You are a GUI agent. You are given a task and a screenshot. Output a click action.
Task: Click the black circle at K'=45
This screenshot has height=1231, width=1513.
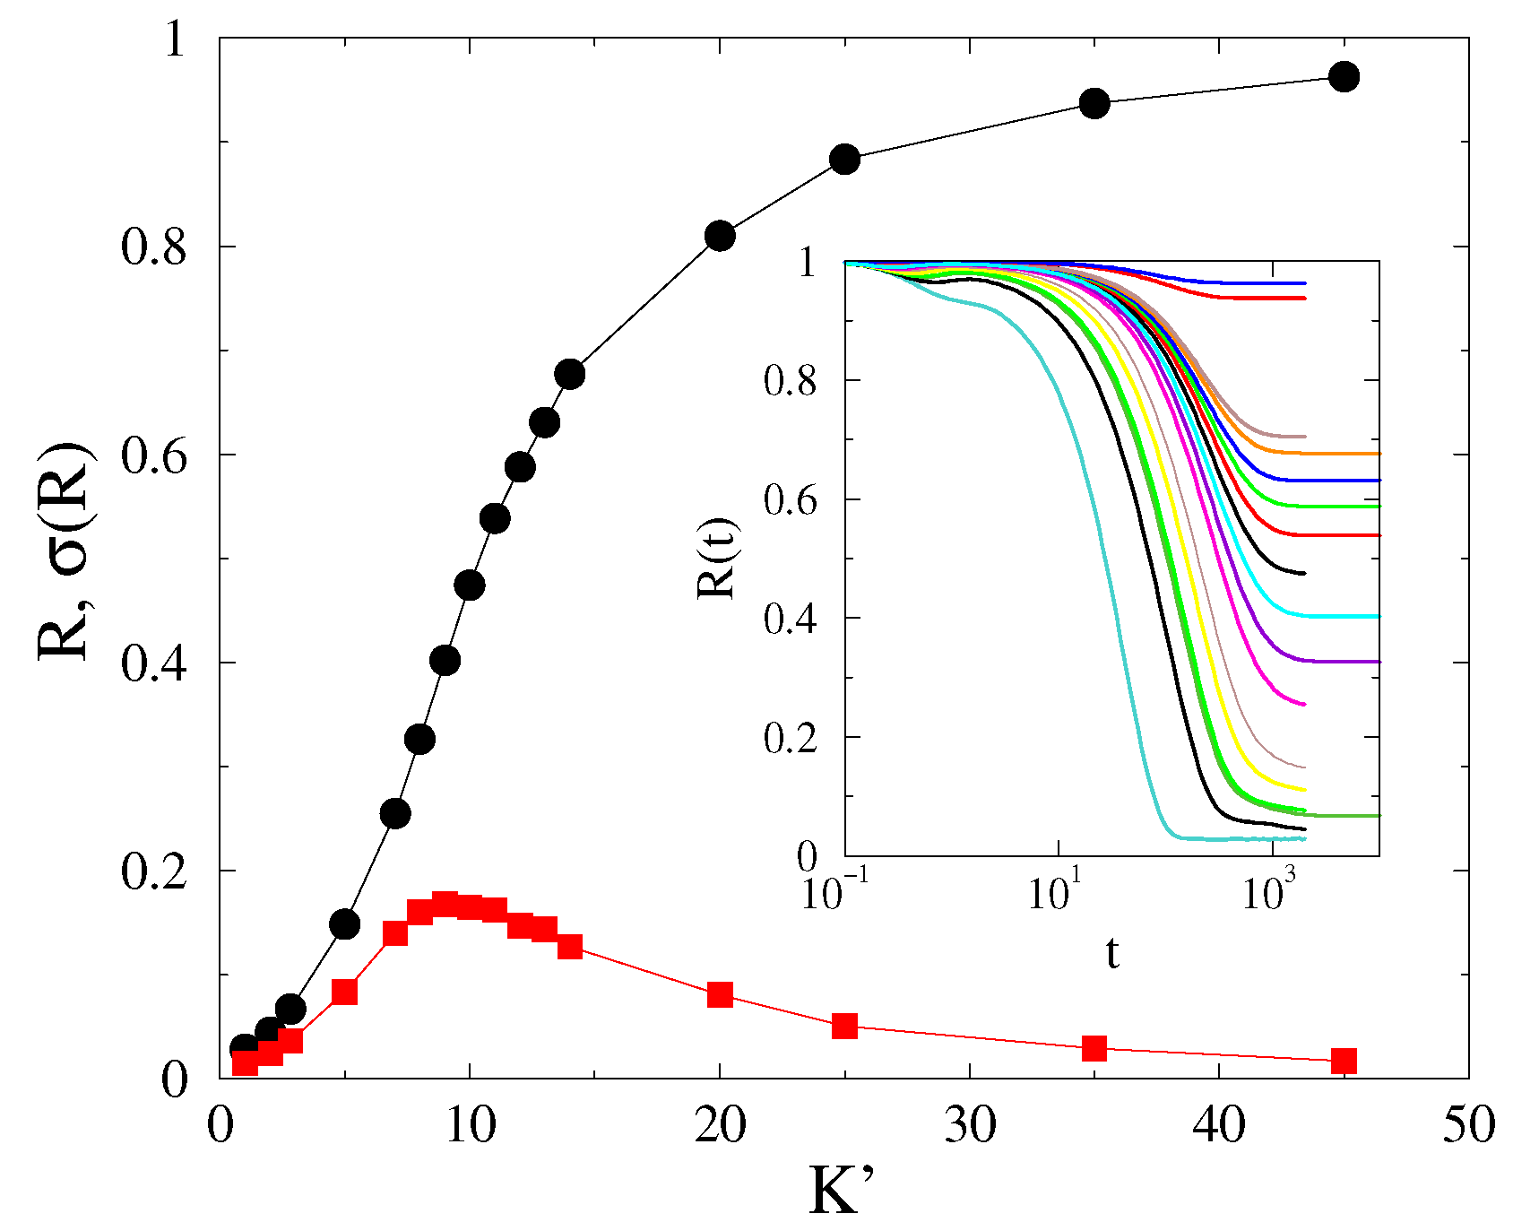1344,77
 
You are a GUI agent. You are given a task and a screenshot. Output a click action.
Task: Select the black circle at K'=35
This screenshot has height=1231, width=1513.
1094,104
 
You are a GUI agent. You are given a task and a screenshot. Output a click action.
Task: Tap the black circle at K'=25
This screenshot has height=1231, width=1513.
844,160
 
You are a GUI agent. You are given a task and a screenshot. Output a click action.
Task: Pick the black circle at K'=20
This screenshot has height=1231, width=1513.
720,237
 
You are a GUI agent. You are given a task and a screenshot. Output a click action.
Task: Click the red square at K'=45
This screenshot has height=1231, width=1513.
1344,1062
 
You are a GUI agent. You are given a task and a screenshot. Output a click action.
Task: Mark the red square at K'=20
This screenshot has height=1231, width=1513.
720,994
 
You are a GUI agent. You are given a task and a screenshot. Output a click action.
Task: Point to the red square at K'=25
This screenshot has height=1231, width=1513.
844,1027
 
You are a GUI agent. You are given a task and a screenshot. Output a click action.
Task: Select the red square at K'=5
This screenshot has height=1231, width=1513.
344,992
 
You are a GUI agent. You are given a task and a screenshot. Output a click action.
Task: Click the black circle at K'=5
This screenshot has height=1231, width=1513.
345,924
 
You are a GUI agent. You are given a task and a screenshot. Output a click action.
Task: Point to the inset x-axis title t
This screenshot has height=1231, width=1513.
1111,955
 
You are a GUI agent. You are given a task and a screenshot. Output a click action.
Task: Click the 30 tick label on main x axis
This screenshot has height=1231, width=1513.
969,1127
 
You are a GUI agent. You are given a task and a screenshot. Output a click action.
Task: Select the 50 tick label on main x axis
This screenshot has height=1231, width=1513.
1468,1127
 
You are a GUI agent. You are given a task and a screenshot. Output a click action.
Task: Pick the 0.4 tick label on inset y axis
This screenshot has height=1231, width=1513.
791,619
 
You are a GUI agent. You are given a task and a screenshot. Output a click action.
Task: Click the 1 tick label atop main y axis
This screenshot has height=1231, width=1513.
176,40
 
